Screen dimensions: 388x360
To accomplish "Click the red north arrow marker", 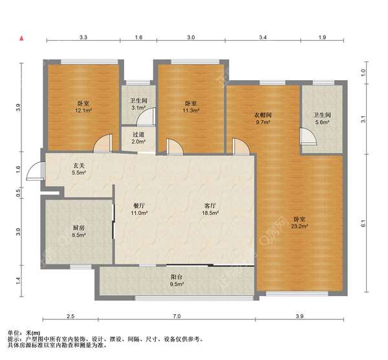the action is tap(22, 38).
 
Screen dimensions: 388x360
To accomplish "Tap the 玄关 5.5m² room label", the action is tap(79, 169).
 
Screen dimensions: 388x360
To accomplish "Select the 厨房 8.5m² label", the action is tap(79, 231).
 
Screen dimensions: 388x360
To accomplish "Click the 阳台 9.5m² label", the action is tap(177, 281).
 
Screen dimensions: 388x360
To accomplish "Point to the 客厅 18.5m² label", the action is tap(210, 209).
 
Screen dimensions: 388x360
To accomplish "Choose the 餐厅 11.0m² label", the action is tap(139, 209).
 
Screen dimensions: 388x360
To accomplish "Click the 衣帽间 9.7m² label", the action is tap(263, 118).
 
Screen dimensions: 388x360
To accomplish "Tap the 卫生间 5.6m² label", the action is tap(322, 118).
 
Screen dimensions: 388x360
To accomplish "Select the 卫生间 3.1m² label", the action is tap(138, 104).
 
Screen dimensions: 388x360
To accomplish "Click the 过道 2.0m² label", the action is tap(138, 138).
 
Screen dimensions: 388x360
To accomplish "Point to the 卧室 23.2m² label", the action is tap(299, 222).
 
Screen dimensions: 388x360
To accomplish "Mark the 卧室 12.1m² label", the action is tap(83, 107).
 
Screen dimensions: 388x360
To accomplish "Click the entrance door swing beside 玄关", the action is tap(35, 171).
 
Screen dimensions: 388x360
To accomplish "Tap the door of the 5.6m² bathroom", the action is tap(308, 136).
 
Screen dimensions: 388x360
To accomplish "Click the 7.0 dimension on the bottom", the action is tap(177, 316).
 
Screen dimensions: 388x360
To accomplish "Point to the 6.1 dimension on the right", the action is tap(363, 223).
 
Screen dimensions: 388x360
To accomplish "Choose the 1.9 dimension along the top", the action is tap(322, 37).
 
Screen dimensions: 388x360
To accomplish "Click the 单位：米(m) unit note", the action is tap(24, 333).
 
